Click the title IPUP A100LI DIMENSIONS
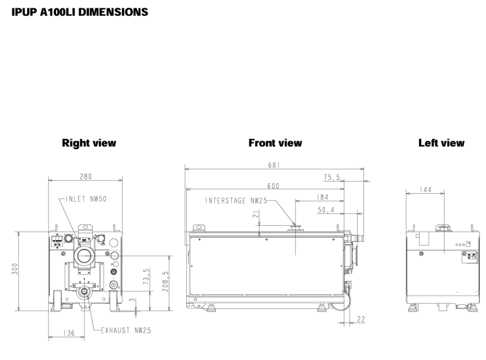click(x=80, y=12)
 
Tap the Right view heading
click(x=89, y=143)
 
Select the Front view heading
click(x=275, y=143)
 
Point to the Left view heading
click(x=441, y=143)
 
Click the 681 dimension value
click(x=274, y=165)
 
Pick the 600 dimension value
click(x=273, y=186)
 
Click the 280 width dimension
click(x=86, y=177)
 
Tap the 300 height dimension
click(x=15, y=269)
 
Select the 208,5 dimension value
click(x=165, y=281)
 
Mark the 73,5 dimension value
click(x=147, y=276)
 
